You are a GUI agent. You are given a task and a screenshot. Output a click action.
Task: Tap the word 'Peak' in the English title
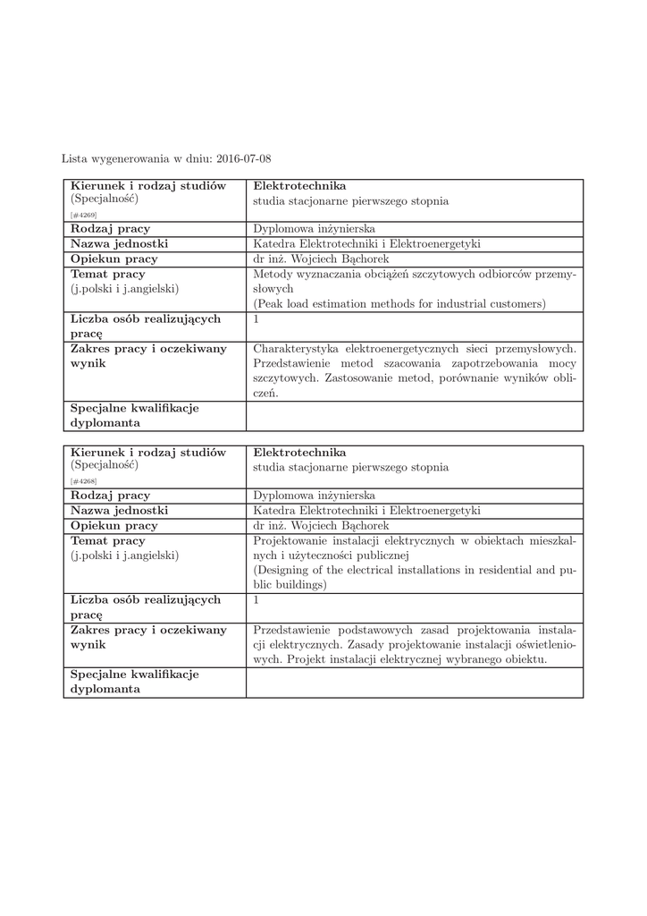pyautogui.click(x=271, y=304)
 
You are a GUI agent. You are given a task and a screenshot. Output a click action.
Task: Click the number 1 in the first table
pyautogui.click(x=256, y=319)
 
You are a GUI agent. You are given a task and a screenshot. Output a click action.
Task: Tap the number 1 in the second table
pyautogui.click(x=256, y=600)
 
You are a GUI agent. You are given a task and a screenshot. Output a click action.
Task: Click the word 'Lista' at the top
pyautogui.click(x=74, y=159)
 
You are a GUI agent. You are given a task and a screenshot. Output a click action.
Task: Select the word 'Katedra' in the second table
pyautogui.click(x=274, y=511)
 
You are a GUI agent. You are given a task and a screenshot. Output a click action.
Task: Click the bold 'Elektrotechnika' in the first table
pyautogui.click(x=299, y=186)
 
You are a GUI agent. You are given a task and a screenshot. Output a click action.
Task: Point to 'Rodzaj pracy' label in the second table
pyautogui.click(x=111, y=496)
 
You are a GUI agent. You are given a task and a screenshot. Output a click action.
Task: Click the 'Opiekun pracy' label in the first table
pyautogui.click(x=114, y=259)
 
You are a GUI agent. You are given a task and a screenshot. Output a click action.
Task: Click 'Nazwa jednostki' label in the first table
pyautogui.click(x=120, y=244)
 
